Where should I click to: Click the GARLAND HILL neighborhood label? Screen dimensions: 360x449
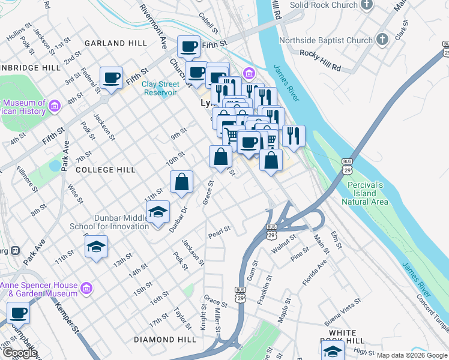(x=116, y=43)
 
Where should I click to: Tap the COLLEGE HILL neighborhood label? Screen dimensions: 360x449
(x=106, y=170)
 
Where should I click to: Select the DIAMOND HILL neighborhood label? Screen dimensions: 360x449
(x=164, y=340)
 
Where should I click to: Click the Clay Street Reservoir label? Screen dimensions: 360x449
(x=160, y=88)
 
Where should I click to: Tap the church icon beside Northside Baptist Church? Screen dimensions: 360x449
(x=383, y=41)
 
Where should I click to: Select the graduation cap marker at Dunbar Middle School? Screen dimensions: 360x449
(x=158, y=212)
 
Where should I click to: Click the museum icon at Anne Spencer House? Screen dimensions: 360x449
(x=86, y=290)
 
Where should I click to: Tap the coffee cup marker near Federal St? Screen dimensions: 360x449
(x=112, y=77)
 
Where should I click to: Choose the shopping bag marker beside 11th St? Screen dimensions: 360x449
(x=181, y=182)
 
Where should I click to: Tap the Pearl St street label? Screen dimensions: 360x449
(x=219, y=230)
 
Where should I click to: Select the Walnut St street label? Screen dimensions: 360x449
(x=284, y=243)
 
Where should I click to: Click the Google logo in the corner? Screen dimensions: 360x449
(x=19, y=353)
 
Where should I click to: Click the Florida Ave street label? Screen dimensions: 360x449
(x=315, y=272)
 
